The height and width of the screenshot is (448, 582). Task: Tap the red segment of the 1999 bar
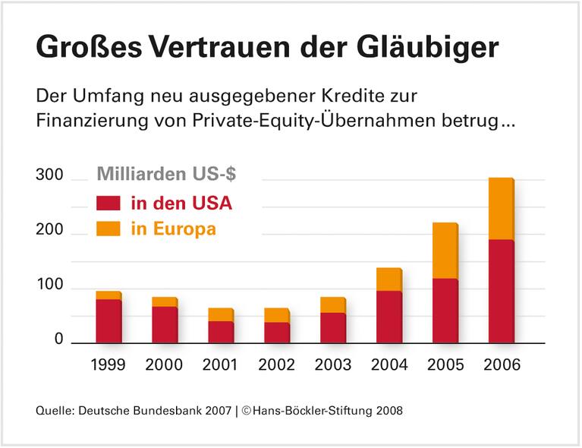[109, 321]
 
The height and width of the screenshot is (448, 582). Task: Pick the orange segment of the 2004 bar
[389, 279]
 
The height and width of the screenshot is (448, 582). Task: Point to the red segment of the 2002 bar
[276, 333]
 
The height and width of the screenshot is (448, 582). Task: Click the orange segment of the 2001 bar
[220, 314]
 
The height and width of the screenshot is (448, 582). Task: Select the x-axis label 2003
[333, 364]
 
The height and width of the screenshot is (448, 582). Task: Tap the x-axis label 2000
[165, 364]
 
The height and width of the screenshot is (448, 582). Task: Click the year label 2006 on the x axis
[502, 364]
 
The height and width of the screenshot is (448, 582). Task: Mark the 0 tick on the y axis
[58, 339]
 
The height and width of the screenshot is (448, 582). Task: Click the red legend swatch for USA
[109, 203]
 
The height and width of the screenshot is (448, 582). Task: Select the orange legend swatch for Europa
[109, 229]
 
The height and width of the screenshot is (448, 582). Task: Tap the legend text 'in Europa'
[173, 229]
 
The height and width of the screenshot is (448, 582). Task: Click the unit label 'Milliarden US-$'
[166, 173]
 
